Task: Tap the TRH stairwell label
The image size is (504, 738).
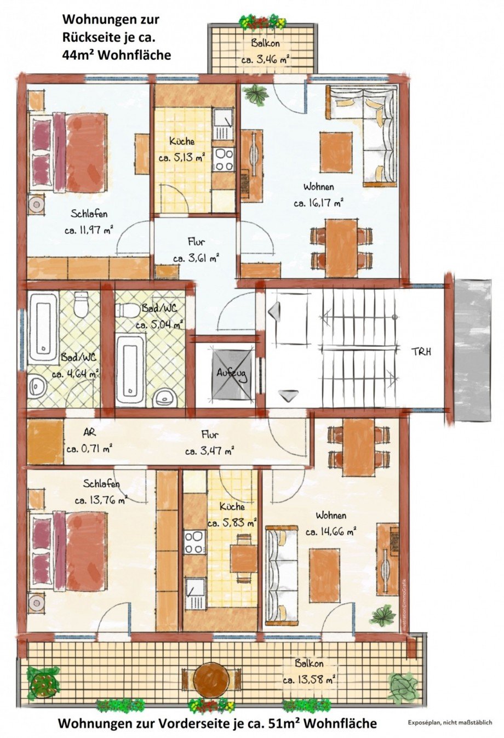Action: pos(421,351)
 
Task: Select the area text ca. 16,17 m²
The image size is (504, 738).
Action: pos(318,203)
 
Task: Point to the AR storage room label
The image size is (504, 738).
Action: pos(89,432)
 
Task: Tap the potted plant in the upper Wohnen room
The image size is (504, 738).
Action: pos(256,95)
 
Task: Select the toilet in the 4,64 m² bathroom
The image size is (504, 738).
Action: pos(81,305)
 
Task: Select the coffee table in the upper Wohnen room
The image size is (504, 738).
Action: pos(336,152)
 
